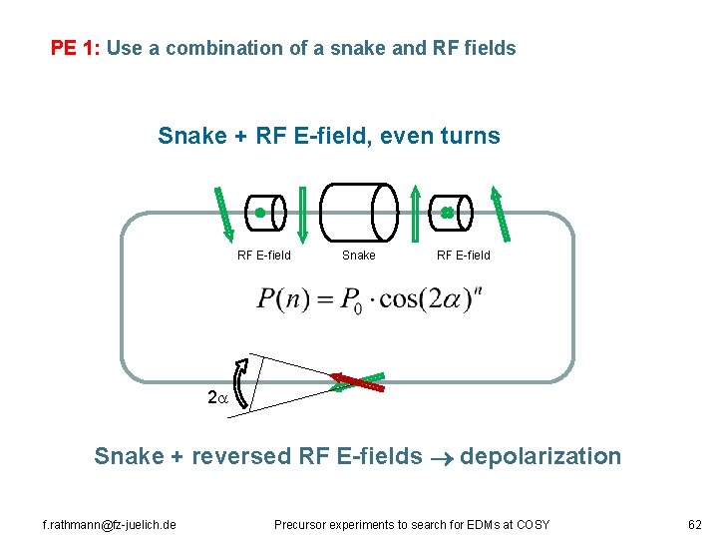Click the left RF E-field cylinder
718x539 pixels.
coord(265,212)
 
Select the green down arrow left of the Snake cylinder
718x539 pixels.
coord(303,213)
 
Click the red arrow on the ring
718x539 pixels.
coord(357,379)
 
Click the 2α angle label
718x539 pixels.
coord(216,397)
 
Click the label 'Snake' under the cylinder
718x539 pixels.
coord(359,256)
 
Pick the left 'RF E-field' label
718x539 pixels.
coord(264,256)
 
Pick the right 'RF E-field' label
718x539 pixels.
coord(464,256)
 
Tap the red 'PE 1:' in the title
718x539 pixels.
coord(76,48)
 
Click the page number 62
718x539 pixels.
coord(695,524)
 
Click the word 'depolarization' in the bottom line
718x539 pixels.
coord(542,457)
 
